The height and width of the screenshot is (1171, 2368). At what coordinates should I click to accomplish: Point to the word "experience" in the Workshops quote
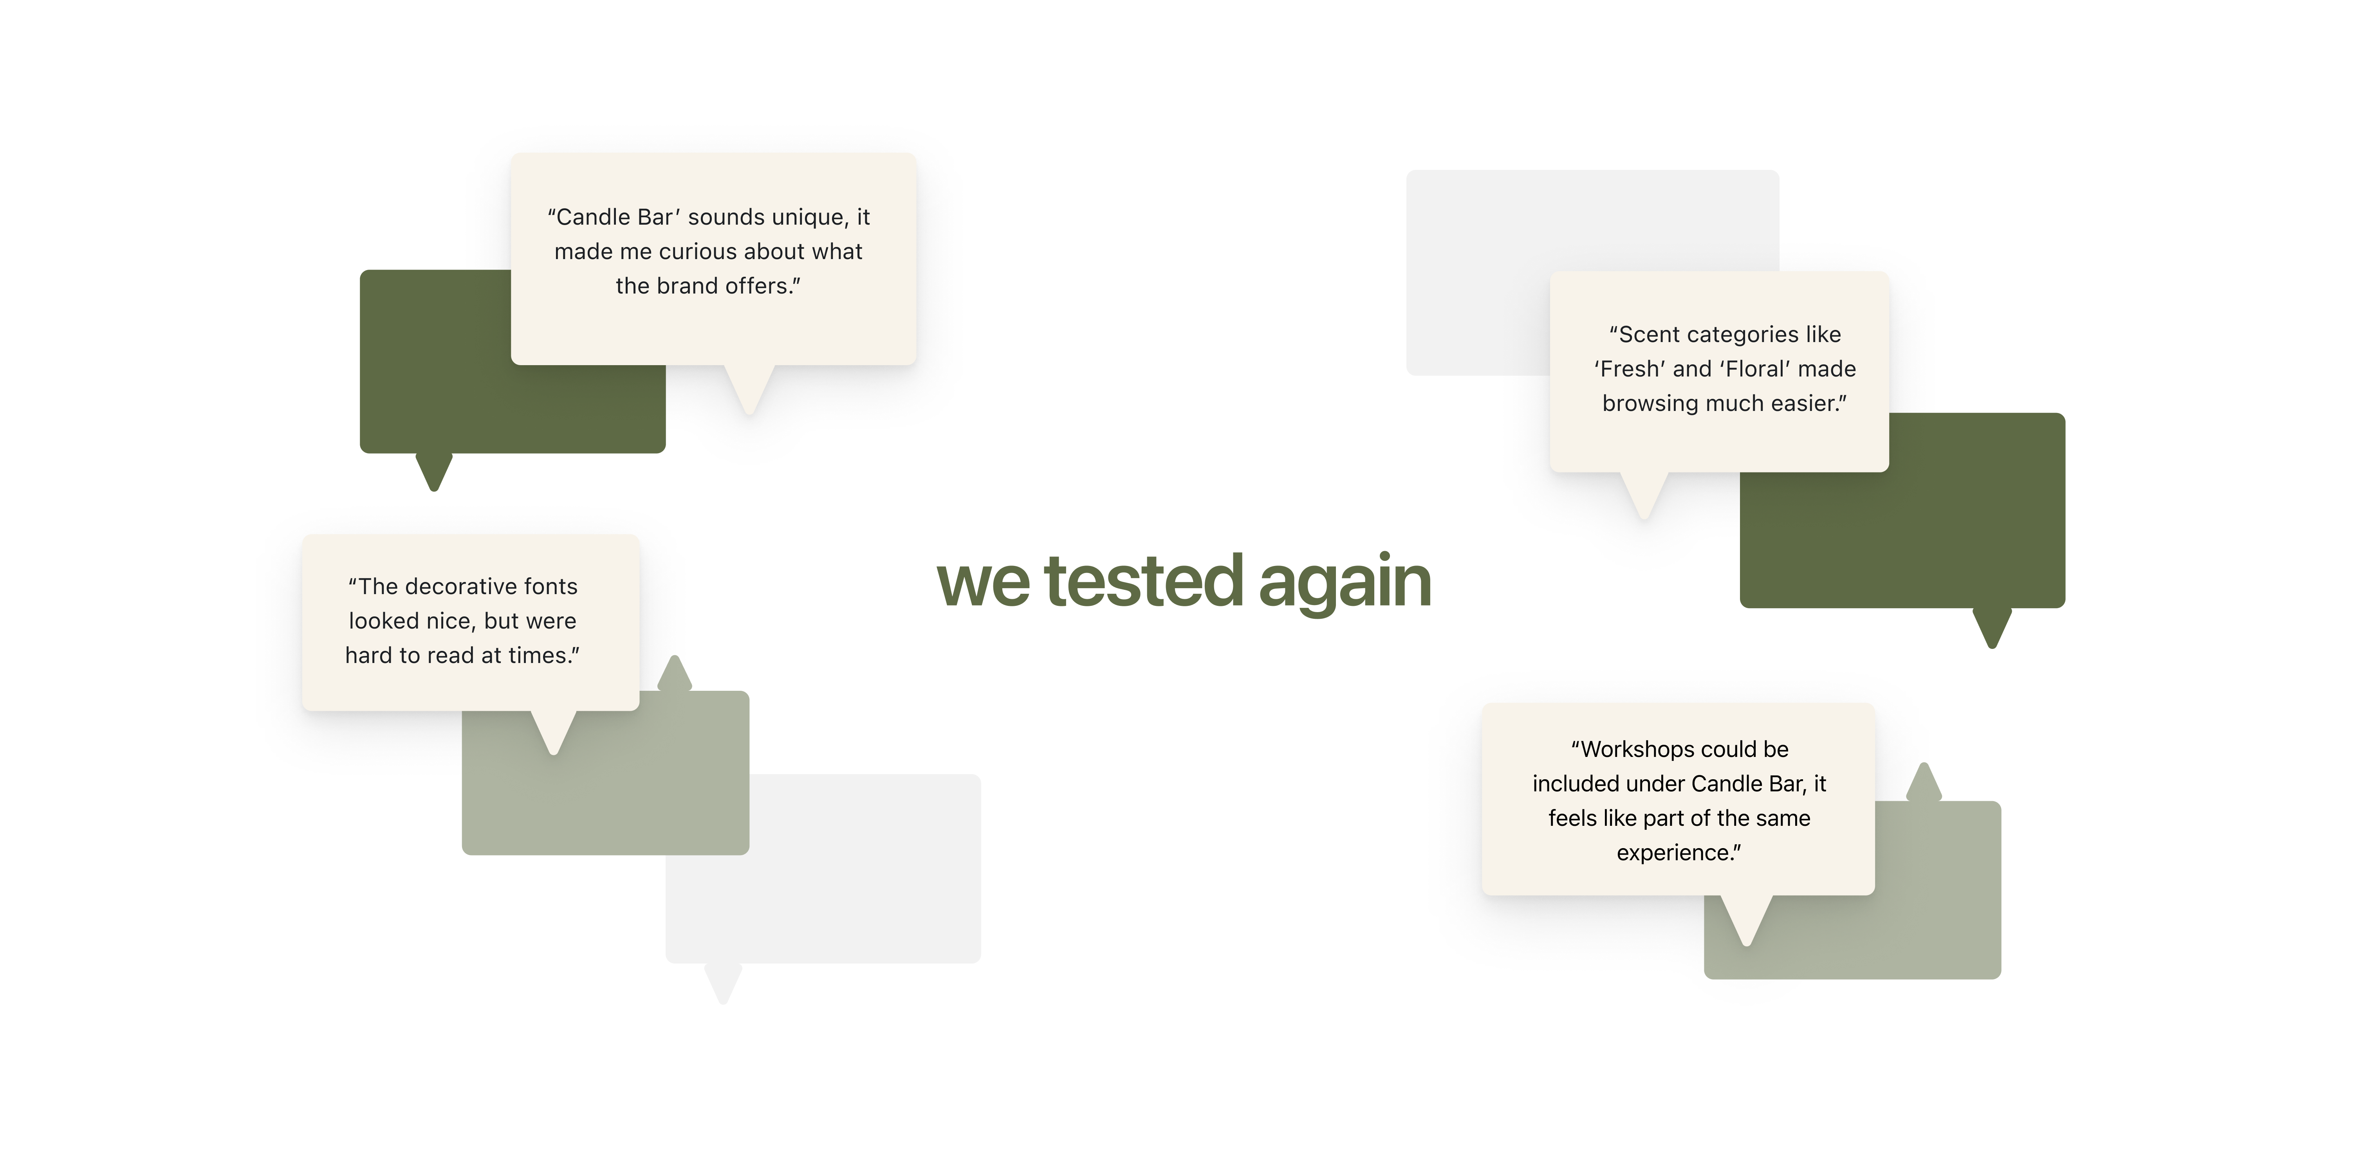pos(1675,853)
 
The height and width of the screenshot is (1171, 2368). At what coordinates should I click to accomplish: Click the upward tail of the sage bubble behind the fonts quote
pos(675,674)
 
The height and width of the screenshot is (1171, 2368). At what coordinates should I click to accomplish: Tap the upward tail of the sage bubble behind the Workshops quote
pos(1924,782)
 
